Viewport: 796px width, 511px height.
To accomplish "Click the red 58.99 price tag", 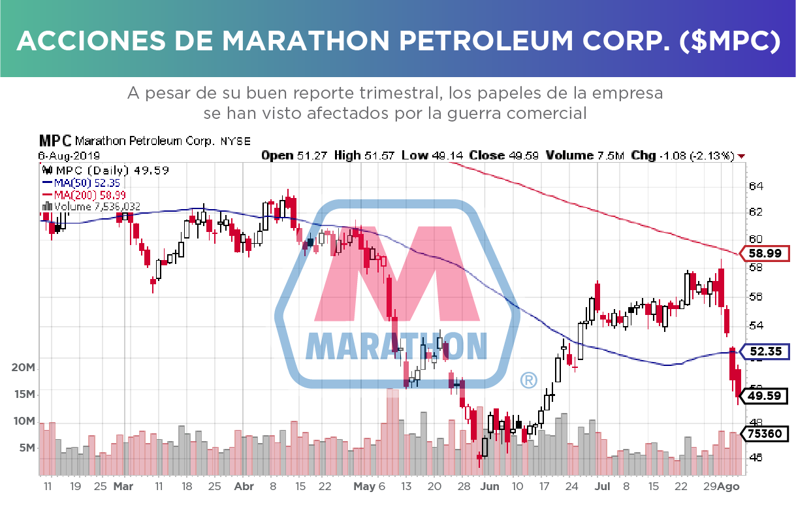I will click(x=766, y=254).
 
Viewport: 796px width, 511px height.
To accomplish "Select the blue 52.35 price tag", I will click(x=766, y=352).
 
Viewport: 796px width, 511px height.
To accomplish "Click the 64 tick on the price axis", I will click(x=756, y=186).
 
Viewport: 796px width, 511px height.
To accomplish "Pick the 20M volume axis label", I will click(x=24, y=368).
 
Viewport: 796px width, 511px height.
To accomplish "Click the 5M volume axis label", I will click(x=27, y=448).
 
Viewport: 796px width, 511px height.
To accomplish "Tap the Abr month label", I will click(x=243, y=487).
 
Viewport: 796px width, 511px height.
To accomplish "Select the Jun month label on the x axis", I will click(x=489, y=487).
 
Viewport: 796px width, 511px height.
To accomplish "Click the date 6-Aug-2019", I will click(x=69, y=156).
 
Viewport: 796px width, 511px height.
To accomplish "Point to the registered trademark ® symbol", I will click(x=528, y=380).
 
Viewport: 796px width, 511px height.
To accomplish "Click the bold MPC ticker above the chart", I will click(x=56, y=140).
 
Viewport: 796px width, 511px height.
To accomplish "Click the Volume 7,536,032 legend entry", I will click(x=96, y=206).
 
